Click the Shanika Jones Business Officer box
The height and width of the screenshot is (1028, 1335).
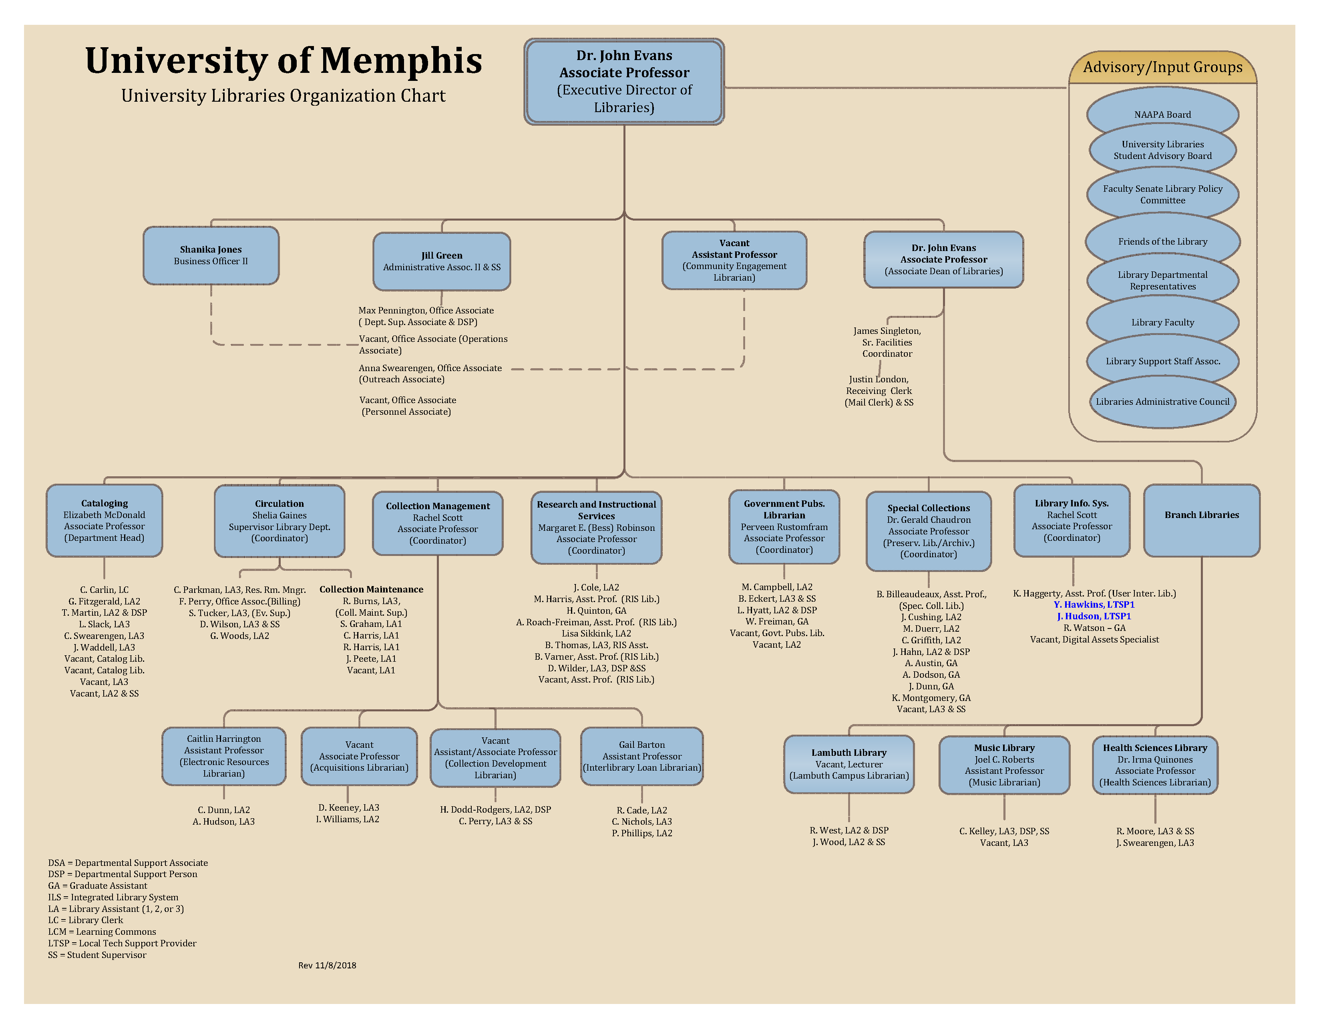click(x=211, y=255)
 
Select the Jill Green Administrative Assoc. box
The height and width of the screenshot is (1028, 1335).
click(x=441, y=261)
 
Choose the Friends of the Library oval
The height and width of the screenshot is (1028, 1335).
click(x=1162, y=241)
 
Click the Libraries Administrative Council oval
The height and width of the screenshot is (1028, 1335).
click(x=1162, y=402)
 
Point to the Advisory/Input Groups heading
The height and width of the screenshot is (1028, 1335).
click(x=1162, y=67)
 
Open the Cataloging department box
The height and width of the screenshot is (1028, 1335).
click(x=105, y=521)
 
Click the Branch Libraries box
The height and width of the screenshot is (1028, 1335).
click(x=1201, y=521)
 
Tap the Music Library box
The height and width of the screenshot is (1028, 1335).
click(x=1004, y=765)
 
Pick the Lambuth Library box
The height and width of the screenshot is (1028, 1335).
click(x=848, y=764)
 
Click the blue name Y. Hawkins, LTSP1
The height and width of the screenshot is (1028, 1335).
click(x=1094, y=604)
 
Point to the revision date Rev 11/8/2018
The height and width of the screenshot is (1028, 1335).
click(x=327, y=965)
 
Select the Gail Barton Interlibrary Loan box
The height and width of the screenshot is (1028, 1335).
click(x=641, y=756)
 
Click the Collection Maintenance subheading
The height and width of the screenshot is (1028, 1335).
click(x=371, y=589)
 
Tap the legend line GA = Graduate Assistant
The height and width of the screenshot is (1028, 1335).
click(x=98, y=885)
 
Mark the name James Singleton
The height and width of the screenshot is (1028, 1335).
click(x=887, y=331)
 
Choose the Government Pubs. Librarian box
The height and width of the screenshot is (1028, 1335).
click(x=784, y=526)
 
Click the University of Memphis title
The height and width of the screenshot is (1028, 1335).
click(x=283, y=61)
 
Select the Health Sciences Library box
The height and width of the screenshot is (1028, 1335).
click(x=1155, y=765)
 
